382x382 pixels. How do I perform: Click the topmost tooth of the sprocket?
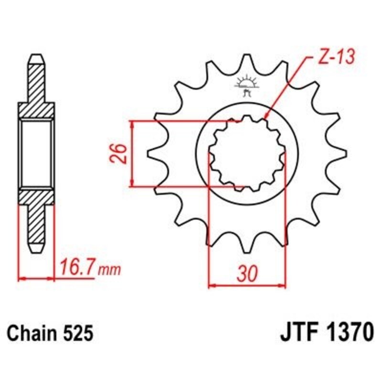[247, 60]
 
